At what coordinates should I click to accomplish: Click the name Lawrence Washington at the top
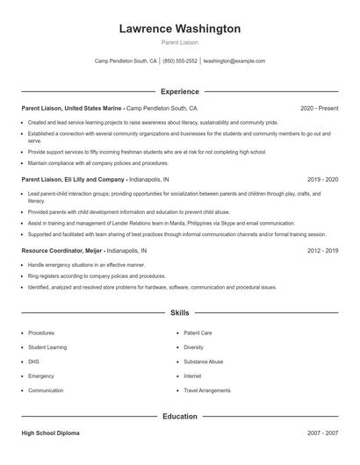[179, 29]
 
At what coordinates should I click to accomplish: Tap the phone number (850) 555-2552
[180, 61]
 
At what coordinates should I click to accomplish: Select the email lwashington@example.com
[234, 61]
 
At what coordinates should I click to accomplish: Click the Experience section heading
[179, 91]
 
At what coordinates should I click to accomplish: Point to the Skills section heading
[179, 312]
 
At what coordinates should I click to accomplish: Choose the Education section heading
[179, 416]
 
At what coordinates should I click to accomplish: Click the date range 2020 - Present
[319, 108]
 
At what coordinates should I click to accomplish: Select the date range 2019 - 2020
[322, 178]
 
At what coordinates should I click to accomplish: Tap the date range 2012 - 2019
[322, 250]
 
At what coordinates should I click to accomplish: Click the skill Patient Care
[198, 333]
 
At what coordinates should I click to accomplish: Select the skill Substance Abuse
[203, 361]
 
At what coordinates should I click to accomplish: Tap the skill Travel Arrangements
[207, 390]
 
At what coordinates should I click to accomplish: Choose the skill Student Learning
[47, 347]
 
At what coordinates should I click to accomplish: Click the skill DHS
[33, 361]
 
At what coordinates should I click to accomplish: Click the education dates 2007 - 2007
[322, 433]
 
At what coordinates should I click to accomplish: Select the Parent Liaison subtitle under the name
[179, 42]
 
